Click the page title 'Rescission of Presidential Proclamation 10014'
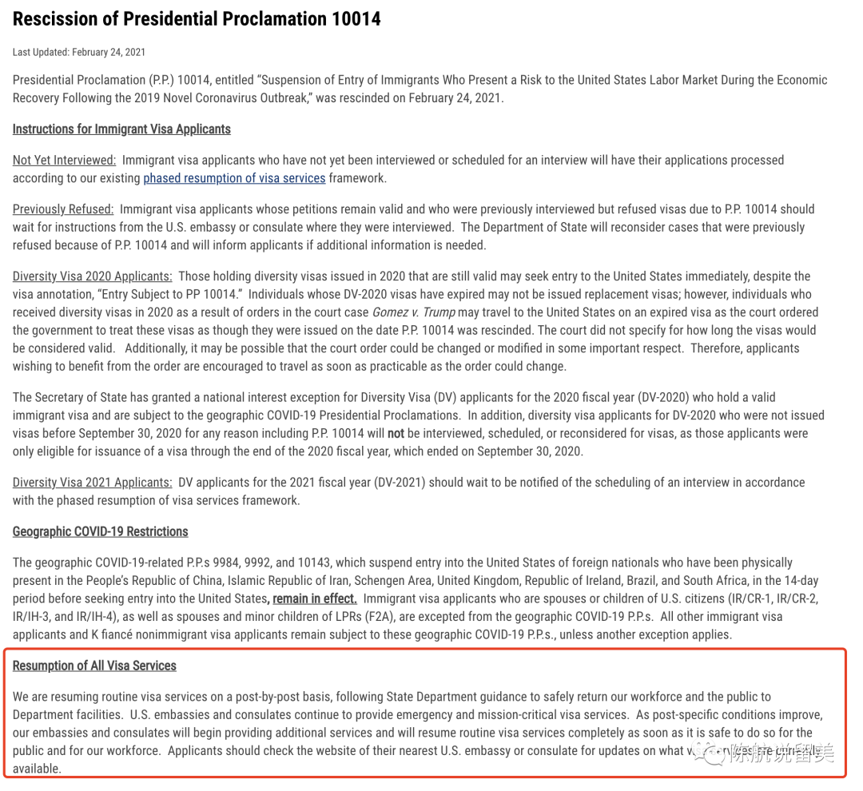[197, 18]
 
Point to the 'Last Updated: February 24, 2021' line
[79, 53]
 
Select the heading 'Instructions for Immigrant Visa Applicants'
[121, 129]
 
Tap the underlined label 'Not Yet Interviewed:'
[64, 161]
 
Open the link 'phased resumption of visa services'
[234, 178]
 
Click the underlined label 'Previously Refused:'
[63, 209]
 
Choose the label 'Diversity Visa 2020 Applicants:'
[92, 276]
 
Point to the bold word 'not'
[396, 433]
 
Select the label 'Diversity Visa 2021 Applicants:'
[92, 483]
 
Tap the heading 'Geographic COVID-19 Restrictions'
[100, 532]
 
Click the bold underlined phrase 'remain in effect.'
[315, 598]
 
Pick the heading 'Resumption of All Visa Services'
[94, 666]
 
